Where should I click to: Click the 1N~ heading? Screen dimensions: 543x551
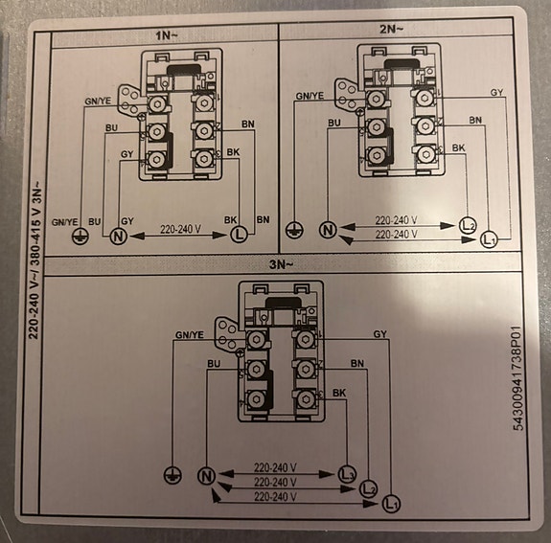click(165, 35)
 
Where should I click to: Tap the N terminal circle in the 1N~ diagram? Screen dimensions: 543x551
click(121, 236)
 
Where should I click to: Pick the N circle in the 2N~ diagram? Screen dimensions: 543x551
click(329, 230)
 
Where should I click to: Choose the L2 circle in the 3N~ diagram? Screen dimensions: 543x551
click(368, 487)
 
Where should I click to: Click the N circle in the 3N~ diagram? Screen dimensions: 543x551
click(205, 475)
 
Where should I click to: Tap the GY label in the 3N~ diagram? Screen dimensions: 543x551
click(379, 333)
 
